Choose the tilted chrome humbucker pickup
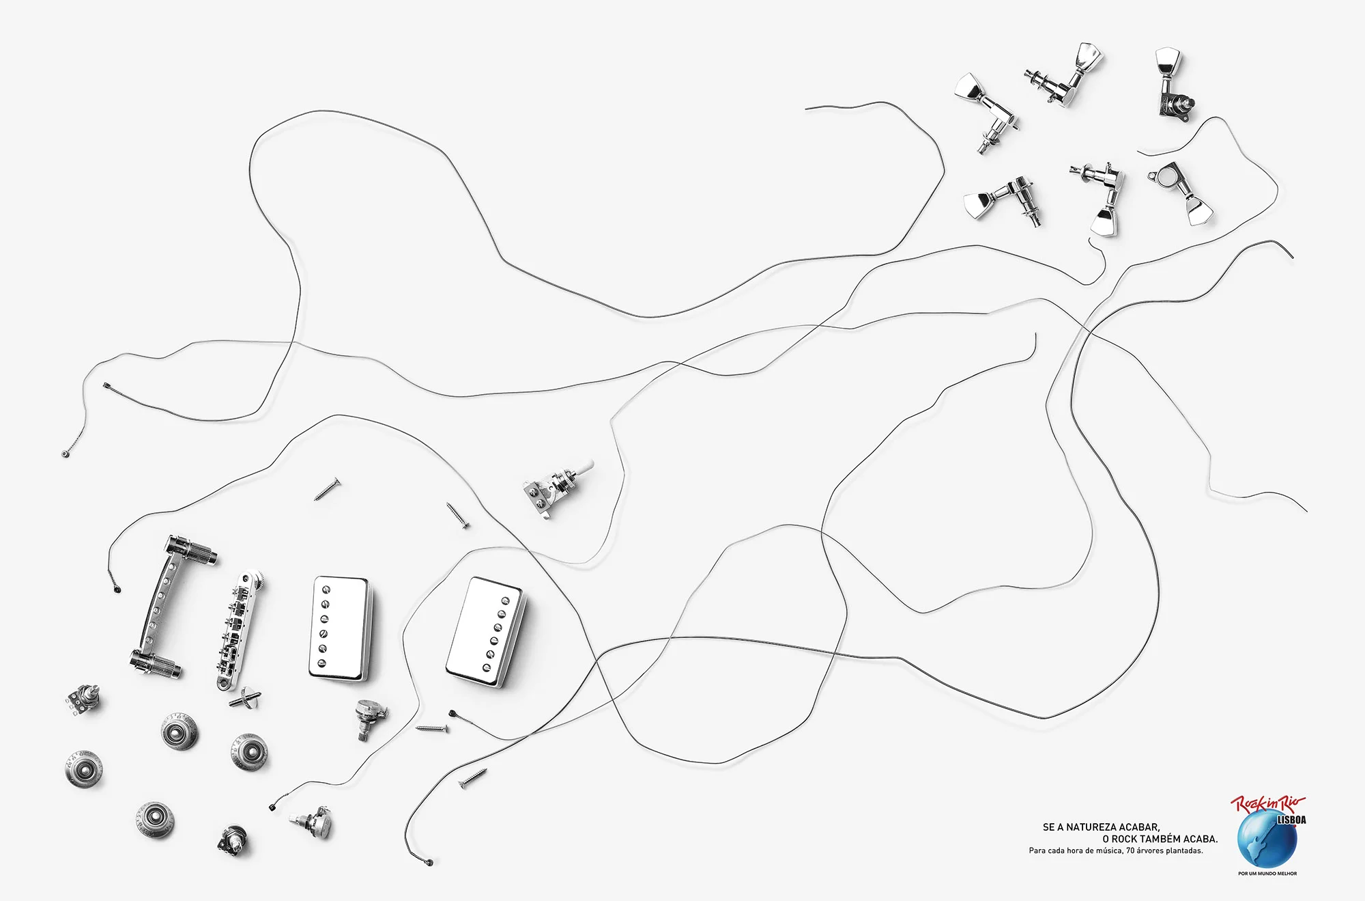pyautogui.click(x=487, y=632)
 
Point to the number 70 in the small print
pyautogui.click(x=1130, y=851)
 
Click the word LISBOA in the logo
pyautogui.click(x=1291, y=820)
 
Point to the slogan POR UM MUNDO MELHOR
pyautogui.click(x=1267, y=874)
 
